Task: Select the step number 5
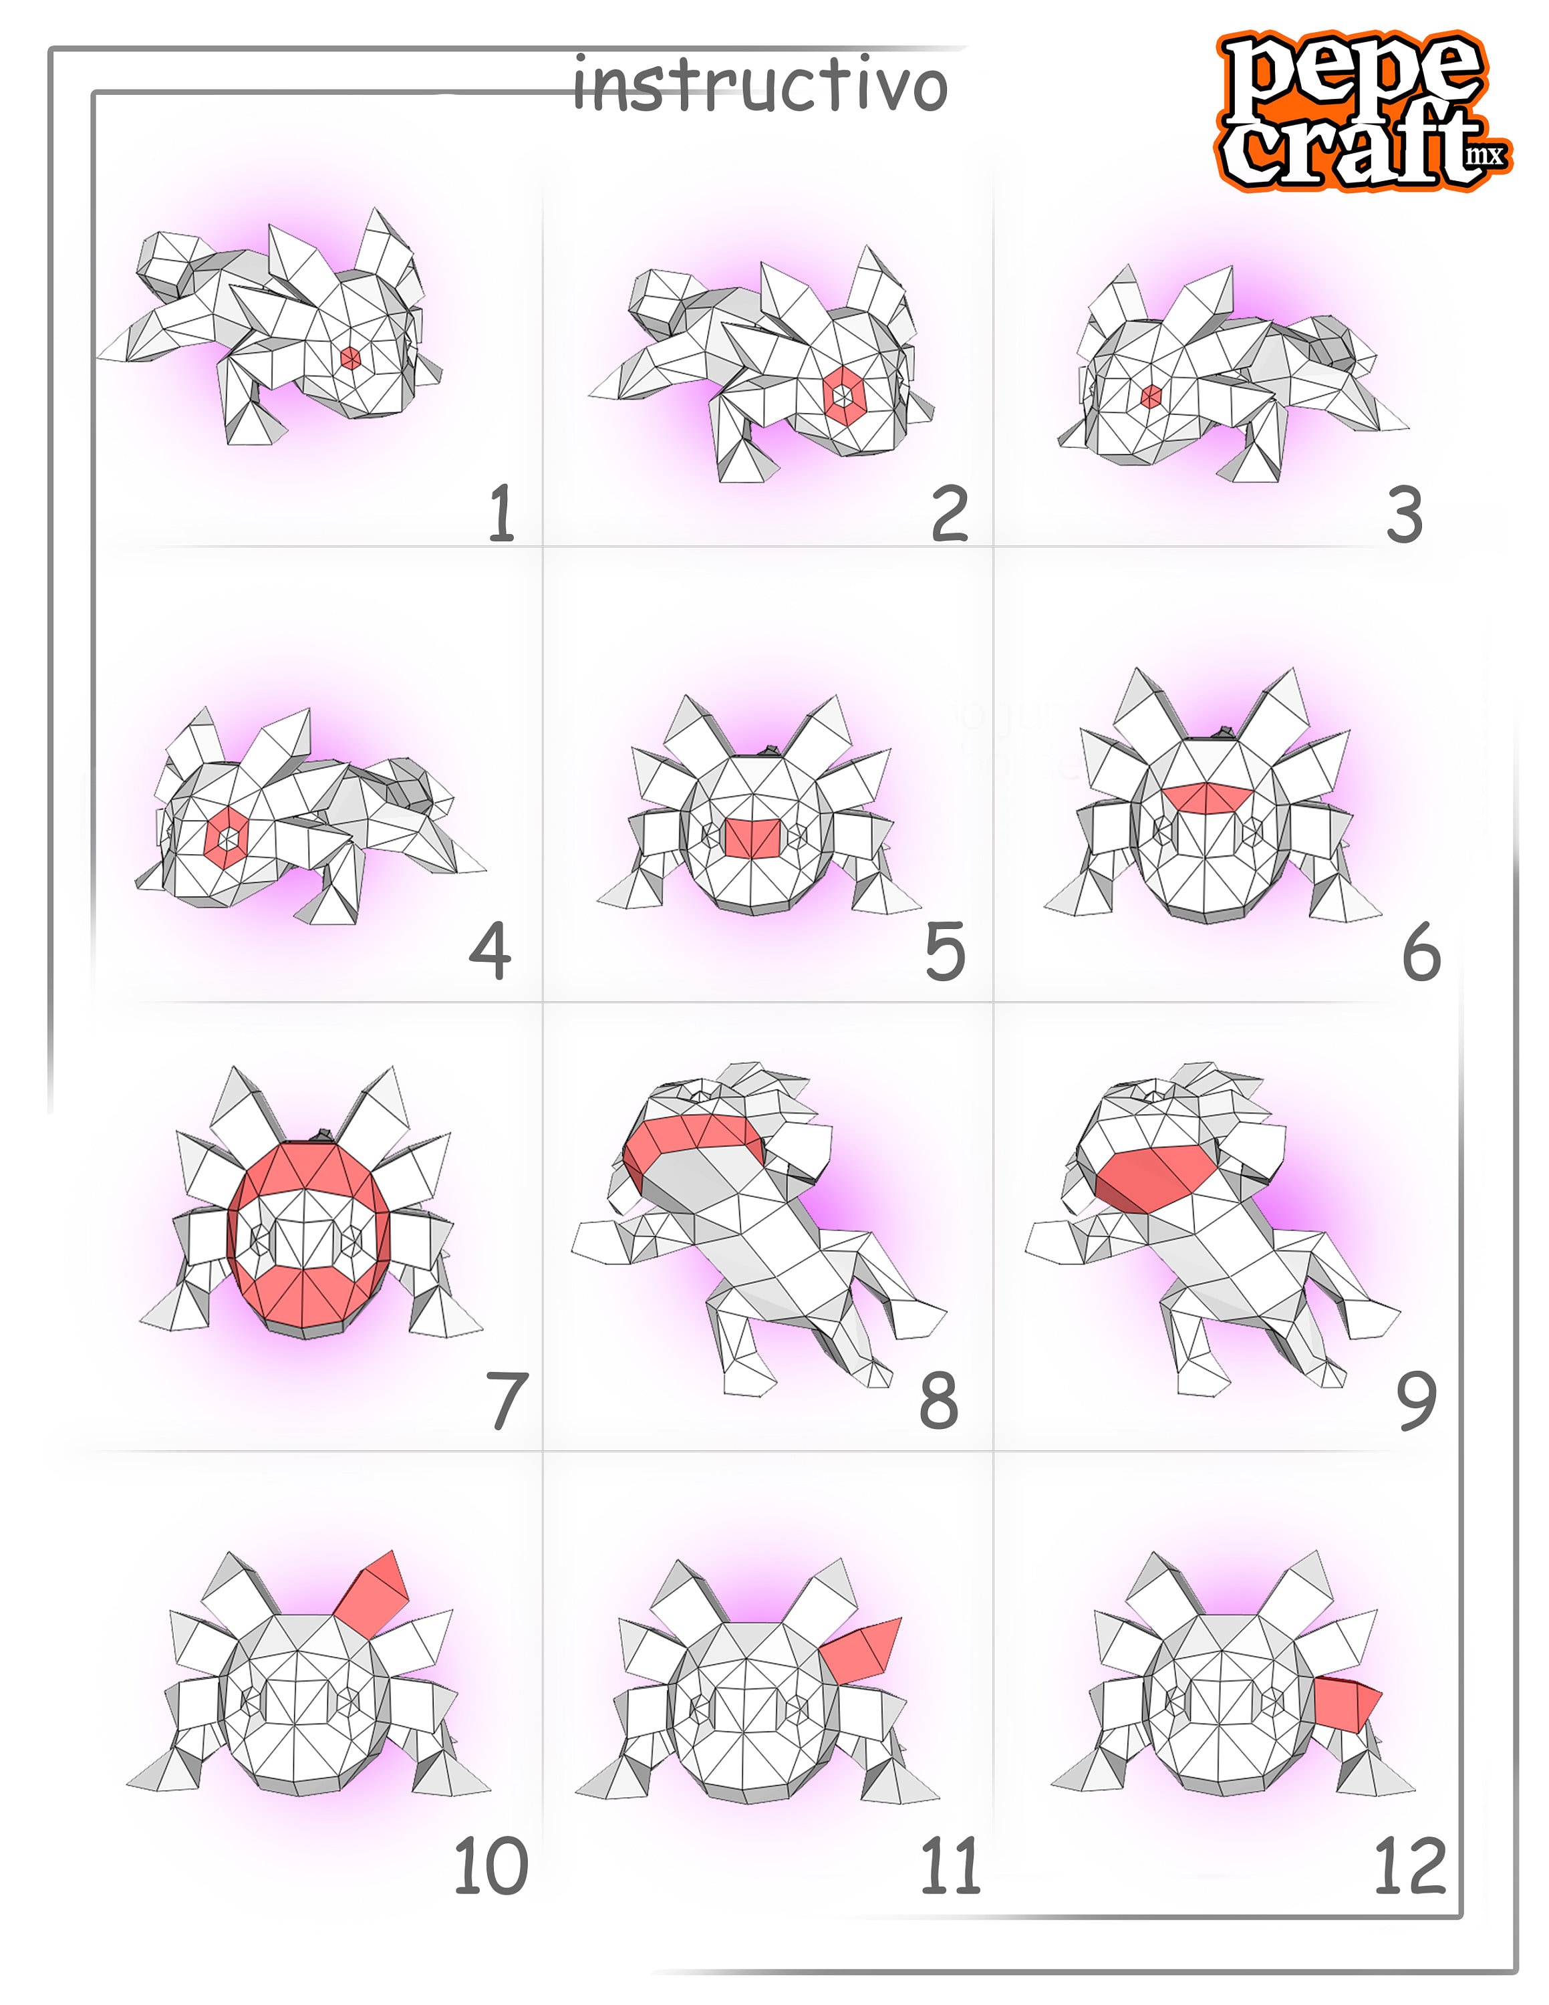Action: [x=944, y=952]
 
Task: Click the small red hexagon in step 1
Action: [x=349, y=358]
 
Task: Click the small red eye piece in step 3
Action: [x=1151, y=396]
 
